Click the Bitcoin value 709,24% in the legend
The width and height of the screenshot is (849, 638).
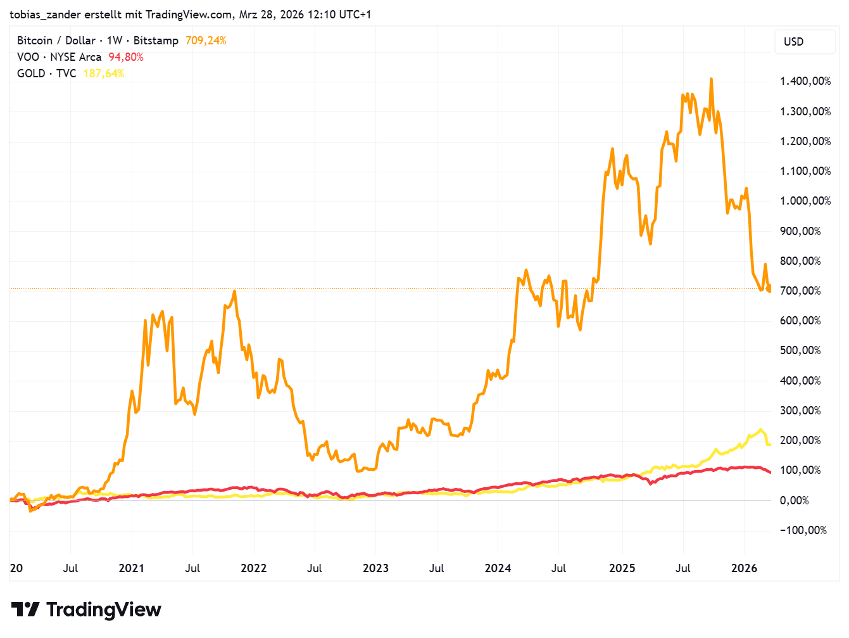[206, 41]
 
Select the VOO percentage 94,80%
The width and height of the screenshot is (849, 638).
[126, 57]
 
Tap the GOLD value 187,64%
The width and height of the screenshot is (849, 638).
[104, 73]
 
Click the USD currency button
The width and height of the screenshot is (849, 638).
[794, 42]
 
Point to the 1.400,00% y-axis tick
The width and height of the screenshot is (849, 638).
[805, 81]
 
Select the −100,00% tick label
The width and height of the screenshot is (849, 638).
[803, 530]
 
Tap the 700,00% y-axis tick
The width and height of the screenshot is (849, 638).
[800, 291]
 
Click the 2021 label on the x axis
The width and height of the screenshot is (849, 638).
[132, 568]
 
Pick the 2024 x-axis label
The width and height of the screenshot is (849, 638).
[498, 568]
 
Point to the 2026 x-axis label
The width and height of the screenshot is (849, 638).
[744, 568]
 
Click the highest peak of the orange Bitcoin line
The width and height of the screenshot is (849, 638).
[711, 79]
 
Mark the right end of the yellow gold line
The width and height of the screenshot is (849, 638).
[769, 444]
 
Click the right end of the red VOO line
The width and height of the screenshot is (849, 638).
[770, 473]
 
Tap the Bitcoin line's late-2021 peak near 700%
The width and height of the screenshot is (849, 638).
[234, 291]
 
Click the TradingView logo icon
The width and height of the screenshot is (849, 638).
[26, 609]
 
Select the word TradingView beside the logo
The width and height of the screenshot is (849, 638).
[104, 609]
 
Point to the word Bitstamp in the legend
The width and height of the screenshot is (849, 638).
[156, 41]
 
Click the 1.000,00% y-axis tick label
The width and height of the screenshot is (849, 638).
[805, 201]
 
